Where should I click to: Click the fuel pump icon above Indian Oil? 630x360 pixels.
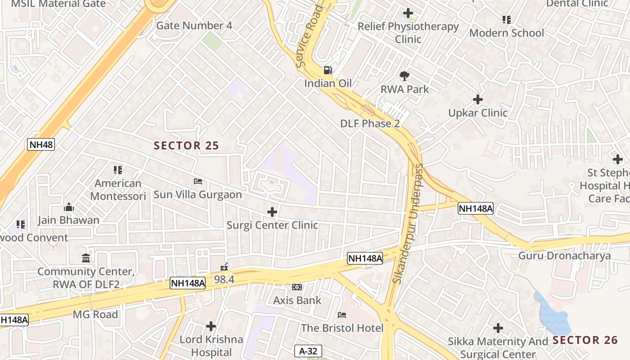click(x=328, y=70)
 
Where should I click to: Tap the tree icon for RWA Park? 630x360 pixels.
click(x=405, y=76)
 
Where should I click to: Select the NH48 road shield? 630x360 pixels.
click(x=41, y=144)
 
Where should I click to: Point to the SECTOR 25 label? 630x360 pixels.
click(x=186, y=145)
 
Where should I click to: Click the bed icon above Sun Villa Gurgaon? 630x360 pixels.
click(x=198, y=181)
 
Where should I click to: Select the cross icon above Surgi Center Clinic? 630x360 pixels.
click(x=272, y=211)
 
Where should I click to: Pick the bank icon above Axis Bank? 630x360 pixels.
click(x=297, y=287)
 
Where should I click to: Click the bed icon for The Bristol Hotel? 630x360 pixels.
click(x=342, y=315)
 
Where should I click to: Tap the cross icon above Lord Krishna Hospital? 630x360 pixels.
click(x=211, y=326)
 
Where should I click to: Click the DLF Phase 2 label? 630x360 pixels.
click(x=370, y=123)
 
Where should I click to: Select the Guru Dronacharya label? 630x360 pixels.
click(x=564, y=256)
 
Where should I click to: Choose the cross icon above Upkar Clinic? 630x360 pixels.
click(x=478, y=99)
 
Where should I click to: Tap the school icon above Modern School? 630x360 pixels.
click(x=507, y=20)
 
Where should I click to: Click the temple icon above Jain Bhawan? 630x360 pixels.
click(x=69, y=207)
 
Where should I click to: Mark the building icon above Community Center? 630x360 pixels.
click(x=86, y=258)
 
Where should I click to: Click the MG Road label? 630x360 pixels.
click(x=95, y=314)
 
